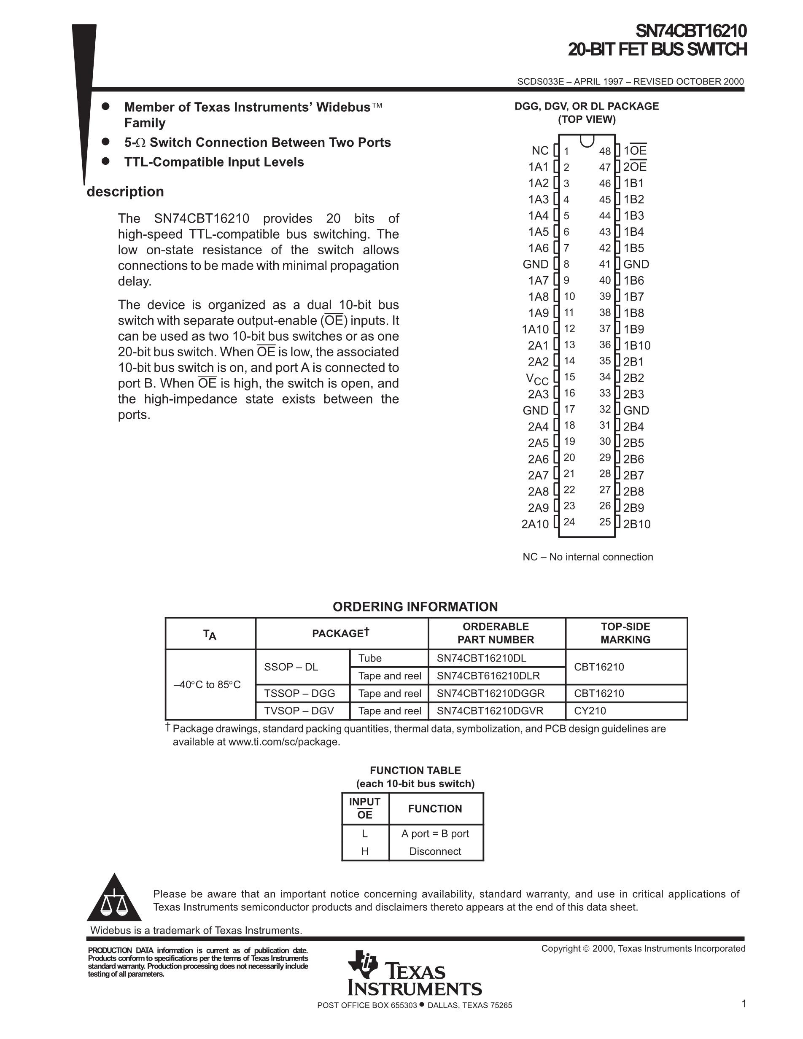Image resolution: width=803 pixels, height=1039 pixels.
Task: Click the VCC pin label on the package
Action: tap(537, 379)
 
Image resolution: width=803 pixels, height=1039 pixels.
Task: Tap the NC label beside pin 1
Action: tap(540, 151)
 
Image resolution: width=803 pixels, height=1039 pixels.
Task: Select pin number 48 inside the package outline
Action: tap(605, 151)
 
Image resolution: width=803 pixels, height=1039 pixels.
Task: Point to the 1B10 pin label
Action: tap(637, 345)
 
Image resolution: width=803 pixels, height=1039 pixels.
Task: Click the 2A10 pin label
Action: tap(535, 524)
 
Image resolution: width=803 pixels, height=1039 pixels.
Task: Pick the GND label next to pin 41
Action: tap(636, 264)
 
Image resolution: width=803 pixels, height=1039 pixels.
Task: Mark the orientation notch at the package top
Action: tap(587, 141)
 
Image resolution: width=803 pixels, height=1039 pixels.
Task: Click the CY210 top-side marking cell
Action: tap(590, 711)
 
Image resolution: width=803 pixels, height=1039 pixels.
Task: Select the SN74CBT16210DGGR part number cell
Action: tap(490, 693)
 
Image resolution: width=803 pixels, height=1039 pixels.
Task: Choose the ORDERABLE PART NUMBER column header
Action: tap(496, 633)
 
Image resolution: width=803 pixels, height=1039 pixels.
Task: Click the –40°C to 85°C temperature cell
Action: tap(207, 684)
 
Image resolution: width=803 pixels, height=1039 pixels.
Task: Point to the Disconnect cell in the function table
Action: tap(435, 851)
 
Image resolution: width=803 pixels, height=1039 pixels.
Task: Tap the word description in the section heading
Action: tap(125, 191)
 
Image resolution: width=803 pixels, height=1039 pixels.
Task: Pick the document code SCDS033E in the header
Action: tap(540, 81)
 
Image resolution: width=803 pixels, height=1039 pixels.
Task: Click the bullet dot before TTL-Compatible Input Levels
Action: tap(106, 161)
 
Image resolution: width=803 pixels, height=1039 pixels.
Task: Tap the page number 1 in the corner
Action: tap(744, 1004)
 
